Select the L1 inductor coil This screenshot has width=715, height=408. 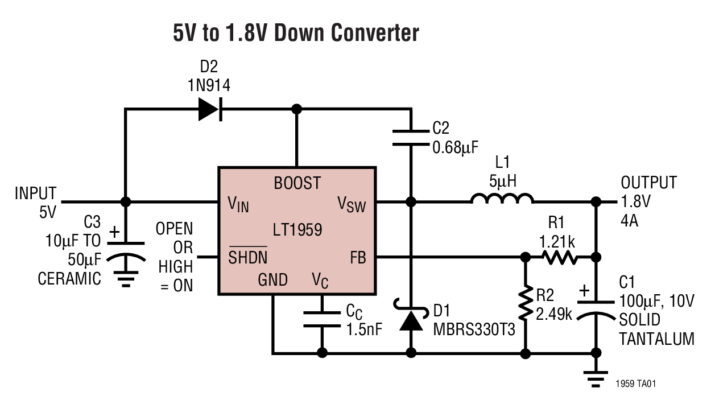[502, 199]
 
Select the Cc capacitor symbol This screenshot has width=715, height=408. [322, 319]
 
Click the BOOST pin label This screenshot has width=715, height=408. [297, 183]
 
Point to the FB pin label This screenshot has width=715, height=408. [358, 258]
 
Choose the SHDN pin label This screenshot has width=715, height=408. [248, 258]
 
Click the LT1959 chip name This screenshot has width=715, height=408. [297, 230]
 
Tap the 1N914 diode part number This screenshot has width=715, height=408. [209, 85]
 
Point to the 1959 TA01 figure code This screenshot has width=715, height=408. [635, 385]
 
